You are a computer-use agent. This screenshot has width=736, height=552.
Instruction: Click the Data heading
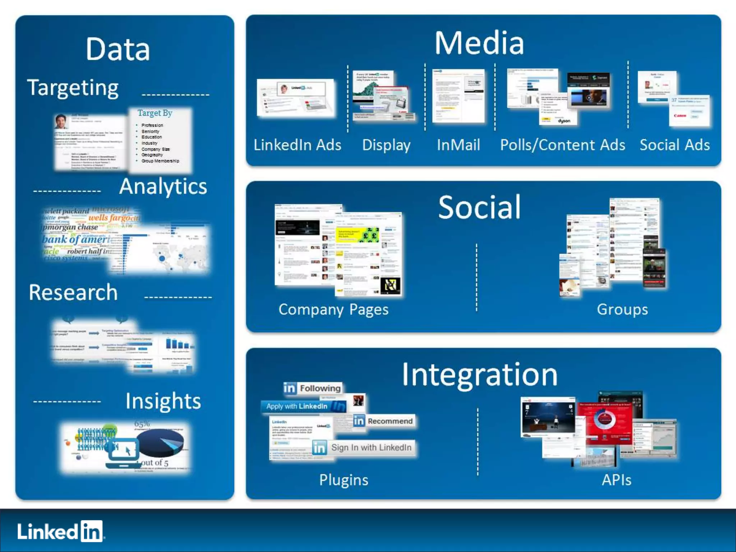coord(118,49)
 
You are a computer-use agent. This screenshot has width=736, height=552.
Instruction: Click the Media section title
coord(479,43)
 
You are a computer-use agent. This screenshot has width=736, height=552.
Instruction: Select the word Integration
coord(479,375)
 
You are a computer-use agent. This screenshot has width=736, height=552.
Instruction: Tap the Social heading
coord(479,207)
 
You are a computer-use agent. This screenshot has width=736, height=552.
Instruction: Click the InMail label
coord(458,145)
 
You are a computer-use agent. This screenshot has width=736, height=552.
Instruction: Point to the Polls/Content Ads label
coord(562,145)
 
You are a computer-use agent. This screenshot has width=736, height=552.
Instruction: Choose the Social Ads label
coord(675,145)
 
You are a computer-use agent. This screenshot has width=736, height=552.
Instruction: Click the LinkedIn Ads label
coord(297,145)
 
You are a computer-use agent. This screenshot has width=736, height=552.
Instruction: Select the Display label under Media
coord(386,145)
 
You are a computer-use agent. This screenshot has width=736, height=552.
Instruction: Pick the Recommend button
coord(383,421)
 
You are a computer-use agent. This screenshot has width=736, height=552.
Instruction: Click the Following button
coord(312,388)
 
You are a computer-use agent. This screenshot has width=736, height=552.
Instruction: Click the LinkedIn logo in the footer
coord(60,531)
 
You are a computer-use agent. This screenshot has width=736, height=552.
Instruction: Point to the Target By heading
coord(155,113)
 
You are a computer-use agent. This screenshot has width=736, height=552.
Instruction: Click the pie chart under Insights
coord(161,443)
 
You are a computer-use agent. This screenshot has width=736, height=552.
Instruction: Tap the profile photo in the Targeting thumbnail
coord(61,121)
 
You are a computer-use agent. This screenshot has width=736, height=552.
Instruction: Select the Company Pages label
coord(333,310)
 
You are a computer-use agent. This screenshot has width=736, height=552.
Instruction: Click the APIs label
coord(616,480)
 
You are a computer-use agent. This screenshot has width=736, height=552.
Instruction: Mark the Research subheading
coord(73,293)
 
